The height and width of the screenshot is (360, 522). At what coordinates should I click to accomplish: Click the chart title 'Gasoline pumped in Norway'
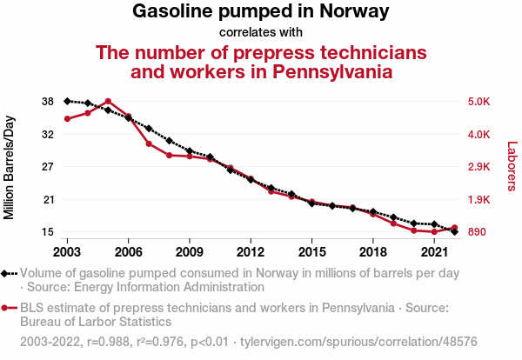tap(260, 12)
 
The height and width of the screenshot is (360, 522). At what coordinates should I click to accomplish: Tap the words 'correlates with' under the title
tap(260, 33)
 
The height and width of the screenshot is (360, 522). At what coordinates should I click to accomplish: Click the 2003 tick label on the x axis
tap(67, 252)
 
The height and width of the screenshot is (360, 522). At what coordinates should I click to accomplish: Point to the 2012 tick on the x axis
tap(251, 252)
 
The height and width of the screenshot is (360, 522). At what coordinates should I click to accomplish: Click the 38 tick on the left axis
tap(47, 102)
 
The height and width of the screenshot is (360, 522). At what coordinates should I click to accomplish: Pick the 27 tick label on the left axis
tap(47, 167)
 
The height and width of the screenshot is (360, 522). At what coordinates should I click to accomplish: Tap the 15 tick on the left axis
tap(47, 232)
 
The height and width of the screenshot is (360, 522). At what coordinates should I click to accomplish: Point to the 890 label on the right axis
tap(478, 232)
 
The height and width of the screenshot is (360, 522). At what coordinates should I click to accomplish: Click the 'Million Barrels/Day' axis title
tap(10, 166)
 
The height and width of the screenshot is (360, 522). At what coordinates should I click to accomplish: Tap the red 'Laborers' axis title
tap(512, 166)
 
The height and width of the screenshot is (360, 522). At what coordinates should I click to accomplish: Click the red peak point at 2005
tap(108, 102)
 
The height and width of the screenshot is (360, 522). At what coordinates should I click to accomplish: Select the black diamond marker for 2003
tap(67, 101)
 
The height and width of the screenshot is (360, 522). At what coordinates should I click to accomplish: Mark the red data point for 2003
tap(67, 119)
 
